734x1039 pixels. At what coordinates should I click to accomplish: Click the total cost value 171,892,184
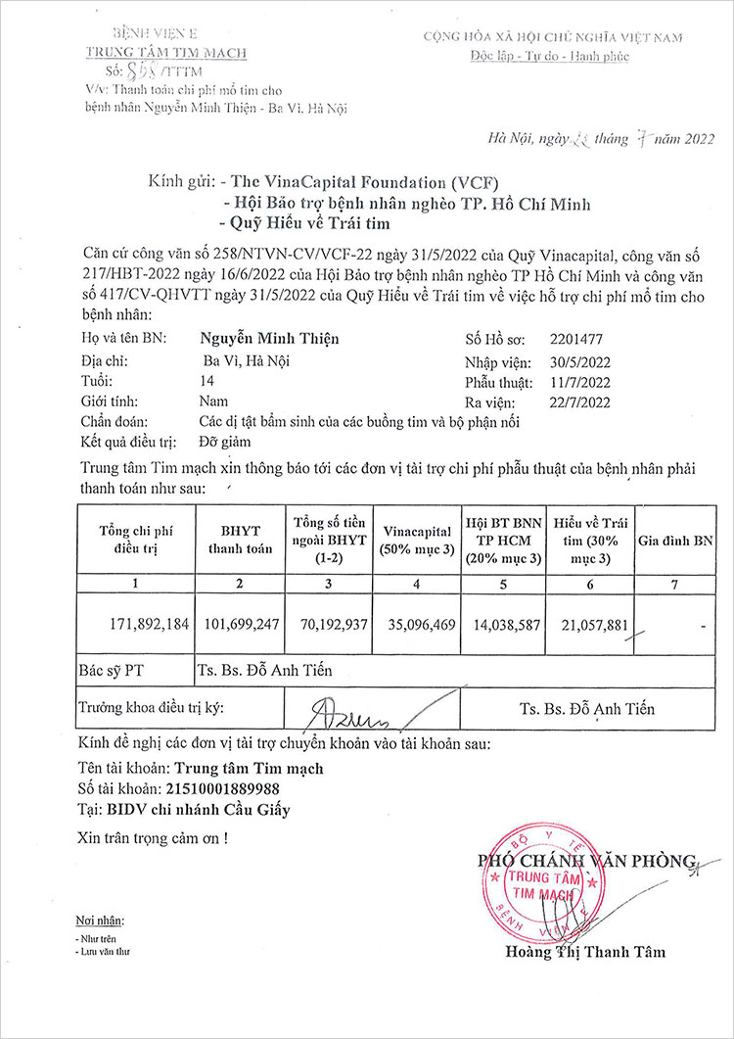[x=145, y=624]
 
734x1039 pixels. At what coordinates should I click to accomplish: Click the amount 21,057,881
[x=585, y=624]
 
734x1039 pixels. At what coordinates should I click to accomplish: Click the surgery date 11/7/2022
[x=578, y=381]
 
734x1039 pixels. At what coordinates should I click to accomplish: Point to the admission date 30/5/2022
[x=578, y=360]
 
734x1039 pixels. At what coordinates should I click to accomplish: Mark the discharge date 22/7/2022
[x=578, y=401]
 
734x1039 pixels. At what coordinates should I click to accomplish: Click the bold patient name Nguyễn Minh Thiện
[x=269, y=339]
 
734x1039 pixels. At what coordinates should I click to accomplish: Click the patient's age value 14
[x=206, y=380]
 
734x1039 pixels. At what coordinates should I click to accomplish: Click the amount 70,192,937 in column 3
[x=330, y=624]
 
